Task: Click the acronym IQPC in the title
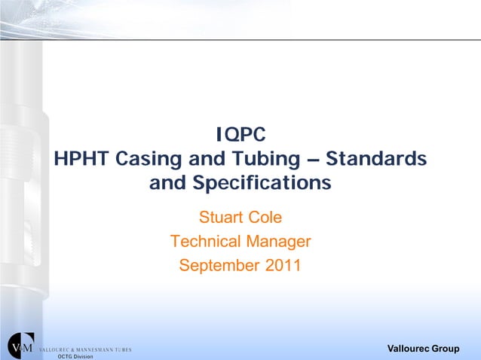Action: [240, 136]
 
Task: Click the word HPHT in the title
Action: [82, 160]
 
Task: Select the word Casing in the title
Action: [149, 160]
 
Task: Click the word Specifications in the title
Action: [261, 184]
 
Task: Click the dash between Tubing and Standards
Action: [314, 160]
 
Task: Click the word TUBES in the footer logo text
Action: [123, 349]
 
